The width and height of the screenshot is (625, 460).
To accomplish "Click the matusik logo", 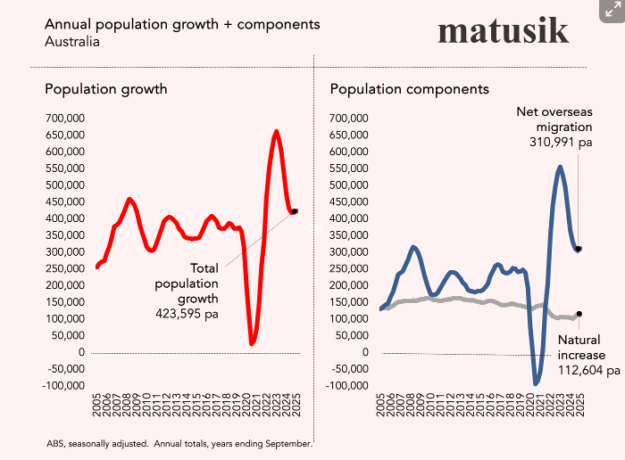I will click(503, 30).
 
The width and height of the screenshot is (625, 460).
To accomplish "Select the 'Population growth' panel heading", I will click(106, 89).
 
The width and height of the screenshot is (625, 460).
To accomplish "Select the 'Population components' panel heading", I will click(409, 89).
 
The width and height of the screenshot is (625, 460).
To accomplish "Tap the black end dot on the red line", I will click(295, 211).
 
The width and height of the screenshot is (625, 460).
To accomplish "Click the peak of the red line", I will click(276, 132).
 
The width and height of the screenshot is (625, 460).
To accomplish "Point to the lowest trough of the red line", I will click(252, 343).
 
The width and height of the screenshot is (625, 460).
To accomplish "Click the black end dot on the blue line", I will click(579, 249).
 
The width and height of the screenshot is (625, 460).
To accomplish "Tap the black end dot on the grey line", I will click(579, 314).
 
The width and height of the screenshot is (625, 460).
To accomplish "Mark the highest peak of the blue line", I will click(560, 167).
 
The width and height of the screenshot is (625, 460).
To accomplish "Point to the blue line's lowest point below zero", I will click(537, 383).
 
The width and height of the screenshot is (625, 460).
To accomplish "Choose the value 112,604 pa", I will click(588, 370).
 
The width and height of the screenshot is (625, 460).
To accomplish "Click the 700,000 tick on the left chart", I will click(64, 118).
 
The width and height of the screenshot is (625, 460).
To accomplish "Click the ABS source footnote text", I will click(179, 443).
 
